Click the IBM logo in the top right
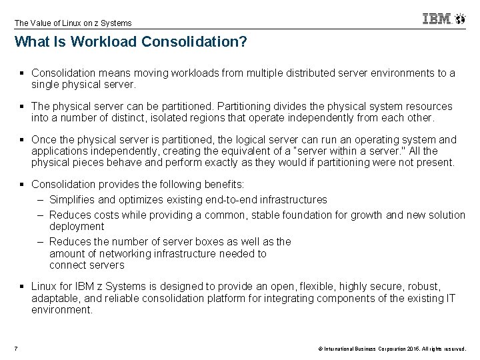(437, 19)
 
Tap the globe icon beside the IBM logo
(460, 19)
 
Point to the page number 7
(15, 347)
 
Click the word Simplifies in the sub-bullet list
(73, 199)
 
